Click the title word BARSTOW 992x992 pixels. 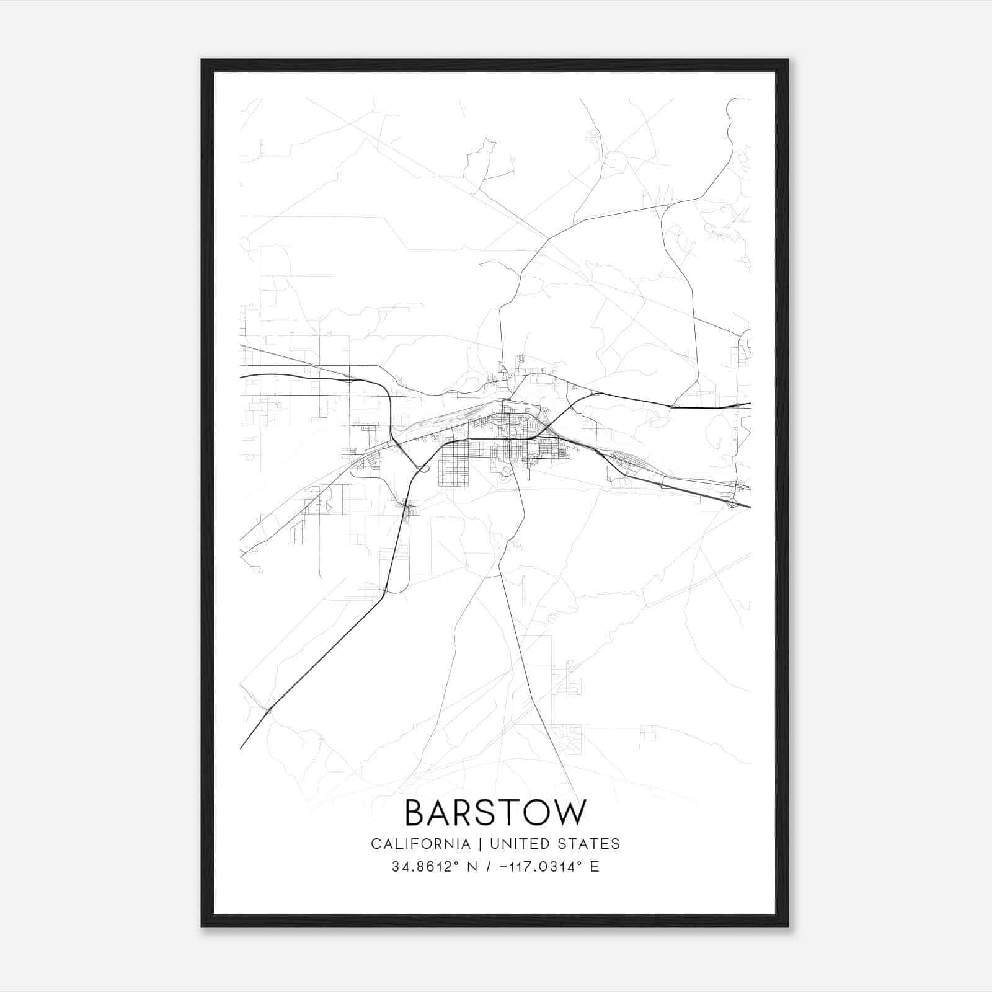[495, 813]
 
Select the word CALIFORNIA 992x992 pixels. [420, 843]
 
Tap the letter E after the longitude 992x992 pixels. [595, 867]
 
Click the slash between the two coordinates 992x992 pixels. [478, 867]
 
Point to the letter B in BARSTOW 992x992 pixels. [414, 813]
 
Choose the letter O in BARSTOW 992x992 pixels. [536, 813]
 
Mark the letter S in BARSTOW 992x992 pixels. [484, 813]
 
